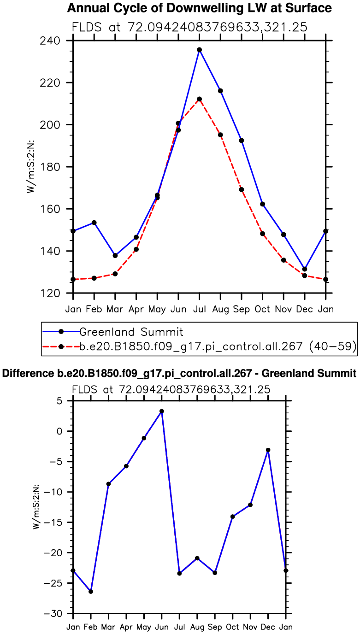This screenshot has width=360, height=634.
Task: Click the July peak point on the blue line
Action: (199, 50)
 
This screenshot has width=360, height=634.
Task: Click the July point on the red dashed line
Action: (199, 99)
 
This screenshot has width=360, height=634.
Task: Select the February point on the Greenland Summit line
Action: (94, 223)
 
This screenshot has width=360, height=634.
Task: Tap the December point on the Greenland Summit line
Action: (305, 269)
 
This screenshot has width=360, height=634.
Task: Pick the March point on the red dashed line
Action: (115, 274)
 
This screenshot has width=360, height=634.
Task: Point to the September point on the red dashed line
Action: (242, 189)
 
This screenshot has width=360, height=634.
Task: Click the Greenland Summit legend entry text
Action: (131, 332)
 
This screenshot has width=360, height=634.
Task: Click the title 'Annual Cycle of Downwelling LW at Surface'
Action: (199, 8)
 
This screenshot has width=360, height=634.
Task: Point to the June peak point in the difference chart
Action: (162, 411)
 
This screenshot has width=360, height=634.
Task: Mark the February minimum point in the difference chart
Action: (91, 592)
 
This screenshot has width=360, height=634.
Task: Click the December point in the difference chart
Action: (268, 450)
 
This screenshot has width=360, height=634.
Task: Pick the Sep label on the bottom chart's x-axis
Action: (215, 627)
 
